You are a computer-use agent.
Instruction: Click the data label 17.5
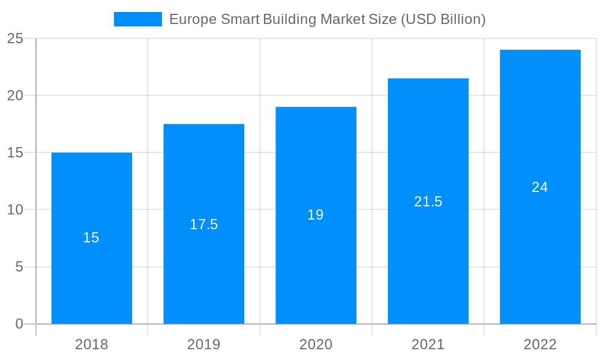[204, 224]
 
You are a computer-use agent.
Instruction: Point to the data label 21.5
[428, 202]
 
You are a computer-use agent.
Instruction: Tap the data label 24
[540, 187]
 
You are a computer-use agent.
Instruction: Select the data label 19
[316, 215]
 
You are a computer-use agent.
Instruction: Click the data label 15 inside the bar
[91, 238]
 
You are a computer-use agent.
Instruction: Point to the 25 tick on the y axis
[15, 39]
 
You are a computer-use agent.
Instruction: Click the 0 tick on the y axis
[19, 324]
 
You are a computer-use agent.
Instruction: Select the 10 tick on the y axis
[15, 210]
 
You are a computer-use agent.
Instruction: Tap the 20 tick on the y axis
[15, 96]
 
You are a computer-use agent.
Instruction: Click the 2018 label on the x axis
[92, 344]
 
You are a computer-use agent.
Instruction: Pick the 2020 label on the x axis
[316, 344]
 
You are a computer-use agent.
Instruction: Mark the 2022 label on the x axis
[540, 344]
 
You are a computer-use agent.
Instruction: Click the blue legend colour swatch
[138, 19]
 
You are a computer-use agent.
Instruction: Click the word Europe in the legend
[193, 19]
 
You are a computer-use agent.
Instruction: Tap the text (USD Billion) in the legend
[443, 19]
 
